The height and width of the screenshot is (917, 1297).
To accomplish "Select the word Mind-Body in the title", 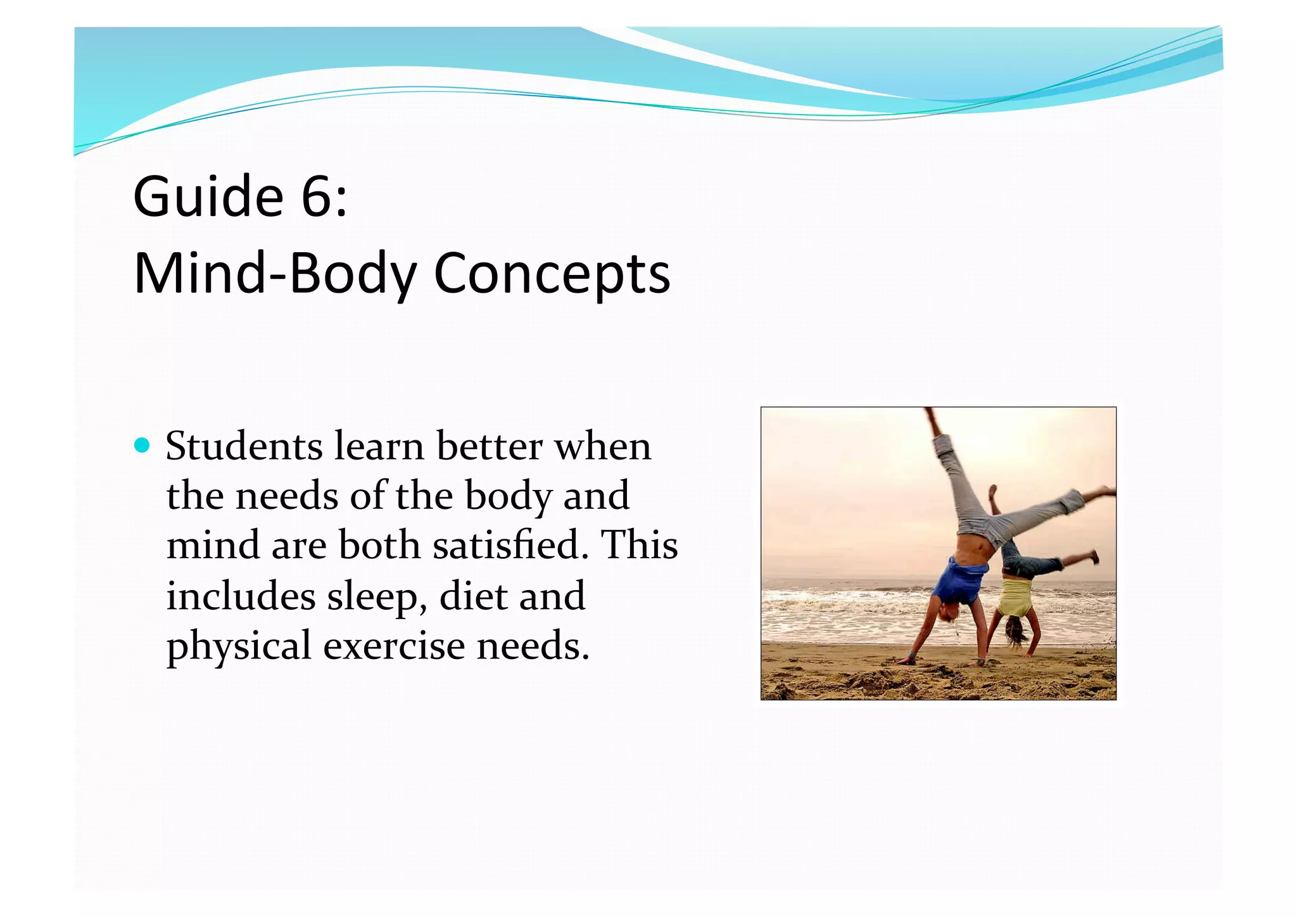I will pos(275,274).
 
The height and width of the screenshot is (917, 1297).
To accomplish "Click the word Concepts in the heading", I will pos(552,274).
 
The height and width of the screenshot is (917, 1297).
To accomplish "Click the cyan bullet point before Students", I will pos(142,445).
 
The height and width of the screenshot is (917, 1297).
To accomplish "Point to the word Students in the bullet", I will pos(244,446).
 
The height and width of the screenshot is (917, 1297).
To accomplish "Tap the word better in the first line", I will pos(490,446).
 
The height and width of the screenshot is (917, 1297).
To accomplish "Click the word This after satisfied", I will pos(639,545).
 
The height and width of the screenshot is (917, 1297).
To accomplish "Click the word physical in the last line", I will pos(239,646).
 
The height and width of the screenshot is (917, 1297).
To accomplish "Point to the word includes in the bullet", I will pos(241,596).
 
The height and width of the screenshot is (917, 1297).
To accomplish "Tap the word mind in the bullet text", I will pos(213,545).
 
